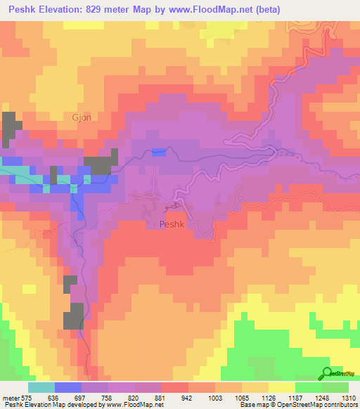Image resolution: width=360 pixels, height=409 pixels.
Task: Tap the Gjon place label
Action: (82, 117)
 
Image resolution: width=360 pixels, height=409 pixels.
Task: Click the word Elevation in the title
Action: (72, 10)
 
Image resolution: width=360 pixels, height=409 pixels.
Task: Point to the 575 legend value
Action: (27, 397)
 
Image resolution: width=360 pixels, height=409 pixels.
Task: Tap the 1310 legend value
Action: (348, 397)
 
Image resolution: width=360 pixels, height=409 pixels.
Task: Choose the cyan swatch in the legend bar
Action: (41, 387)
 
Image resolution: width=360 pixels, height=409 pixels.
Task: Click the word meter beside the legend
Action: (11, 397)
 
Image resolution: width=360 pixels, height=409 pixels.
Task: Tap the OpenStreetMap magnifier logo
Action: (327, 373)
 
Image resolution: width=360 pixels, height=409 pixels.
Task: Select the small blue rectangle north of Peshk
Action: (159, 152)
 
